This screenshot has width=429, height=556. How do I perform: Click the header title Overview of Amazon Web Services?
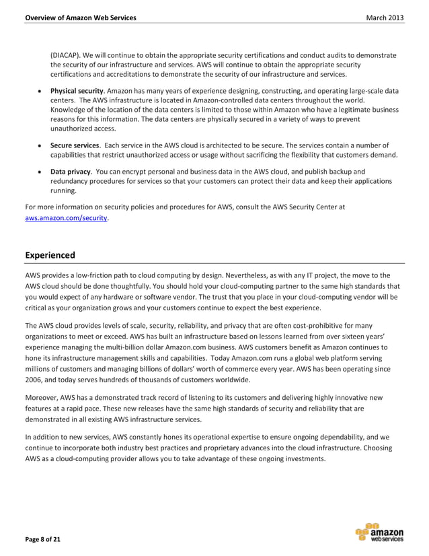[80, 17]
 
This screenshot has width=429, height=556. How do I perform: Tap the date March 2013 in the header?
[385, 17]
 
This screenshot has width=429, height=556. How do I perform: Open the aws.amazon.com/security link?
[66, 219]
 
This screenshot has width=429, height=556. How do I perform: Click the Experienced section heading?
[50, 255]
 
